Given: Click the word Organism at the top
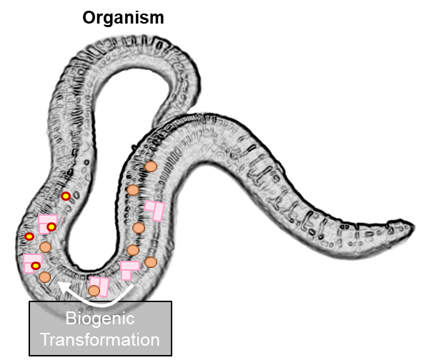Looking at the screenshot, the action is coord(123,19).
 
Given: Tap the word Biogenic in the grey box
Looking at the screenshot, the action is coord(100,319).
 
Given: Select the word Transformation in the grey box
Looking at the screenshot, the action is coord(100,339).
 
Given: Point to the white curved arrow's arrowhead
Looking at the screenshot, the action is coord(62,286).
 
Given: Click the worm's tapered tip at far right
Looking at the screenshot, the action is coord(412,226).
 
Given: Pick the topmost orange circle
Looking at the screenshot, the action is coord(151,166).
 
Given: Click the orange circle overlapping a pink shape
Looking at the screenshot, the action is coord(94,291).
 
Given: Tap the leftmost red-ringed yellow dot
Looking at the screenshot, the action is coord(29,236).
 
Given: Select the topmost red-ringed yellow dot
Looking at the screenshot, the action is coord(66,196).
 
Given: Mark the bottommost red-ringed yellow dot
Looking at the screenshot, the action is coord(36,266).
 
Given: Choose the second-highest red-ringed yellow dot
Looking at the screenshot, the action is coord(51,226).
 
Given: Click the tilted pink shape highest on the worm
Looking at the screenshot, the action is coord(155,211).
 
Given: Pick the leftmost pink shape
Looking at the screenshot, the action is coord(33,263).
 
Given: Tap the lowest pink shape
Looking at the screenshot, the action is coord(99,286).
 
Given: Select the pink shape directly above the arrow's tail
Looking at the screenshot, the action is coord(129,270).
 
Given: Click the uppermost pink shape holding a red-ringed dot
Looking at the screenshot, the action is coord(47,224).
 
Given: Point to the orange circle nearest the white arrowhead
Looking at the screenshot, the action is coord(45,277).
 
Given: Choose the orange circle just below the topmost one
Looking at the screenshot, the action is coord(133,190).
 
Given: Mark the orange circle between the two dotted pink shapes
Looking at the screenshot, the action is coord(45,247).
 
